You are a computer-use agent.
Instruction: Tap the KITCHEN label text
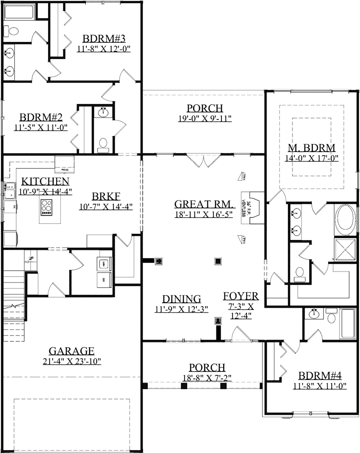(45, 181)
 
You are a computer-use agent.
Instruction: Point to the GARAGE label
(72, 351)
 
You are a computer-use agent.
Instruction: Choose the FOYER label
(241, 296)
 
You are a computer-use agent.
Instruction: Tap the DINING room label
(181, 299)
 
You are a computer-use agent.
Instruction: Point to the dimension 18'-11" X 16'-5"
(203, 215)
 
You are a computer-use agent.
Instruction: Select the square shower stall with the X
(345, 247)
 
